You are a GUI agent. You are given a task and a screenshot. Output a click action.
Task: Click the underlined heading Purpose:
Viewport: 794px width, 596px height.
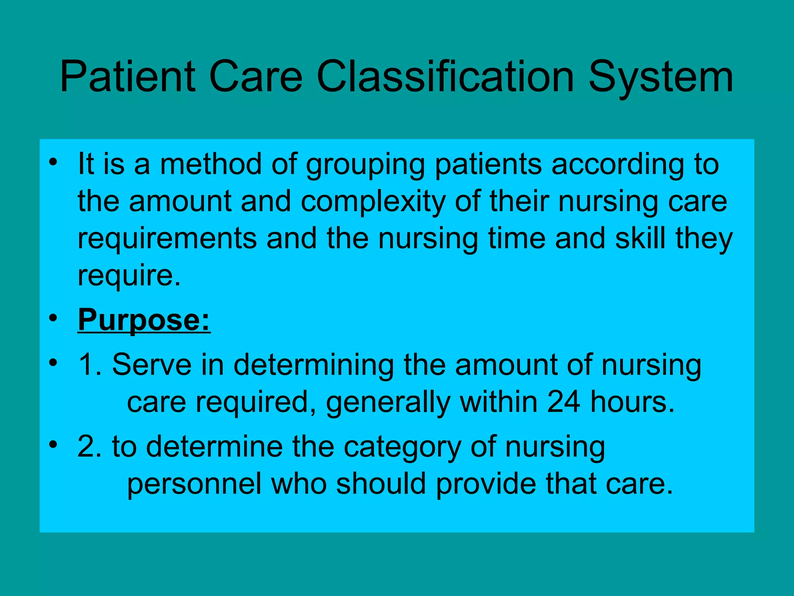[144, 321]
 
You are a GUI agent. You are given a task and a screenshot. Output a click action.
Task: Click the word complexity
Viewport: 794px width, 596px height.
[373, 202]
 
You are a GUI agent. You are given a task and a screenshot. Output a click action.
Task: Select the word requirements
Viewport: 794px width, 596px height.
[167, 239]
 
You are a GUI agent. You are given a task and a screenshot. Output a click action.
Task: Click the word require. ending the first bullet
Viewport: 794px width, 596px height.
[129, 276]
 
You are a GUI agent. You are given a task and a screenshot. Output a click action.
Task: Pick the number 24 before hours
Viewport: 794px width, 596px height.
[564, 402]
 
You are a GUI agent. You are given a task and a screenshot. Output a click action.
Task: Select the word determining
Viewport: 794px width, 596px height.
[314, 366]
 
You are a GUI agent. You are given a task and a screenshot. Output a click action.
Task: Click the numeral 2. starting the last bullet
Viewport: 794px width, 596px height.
[90, 447]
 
